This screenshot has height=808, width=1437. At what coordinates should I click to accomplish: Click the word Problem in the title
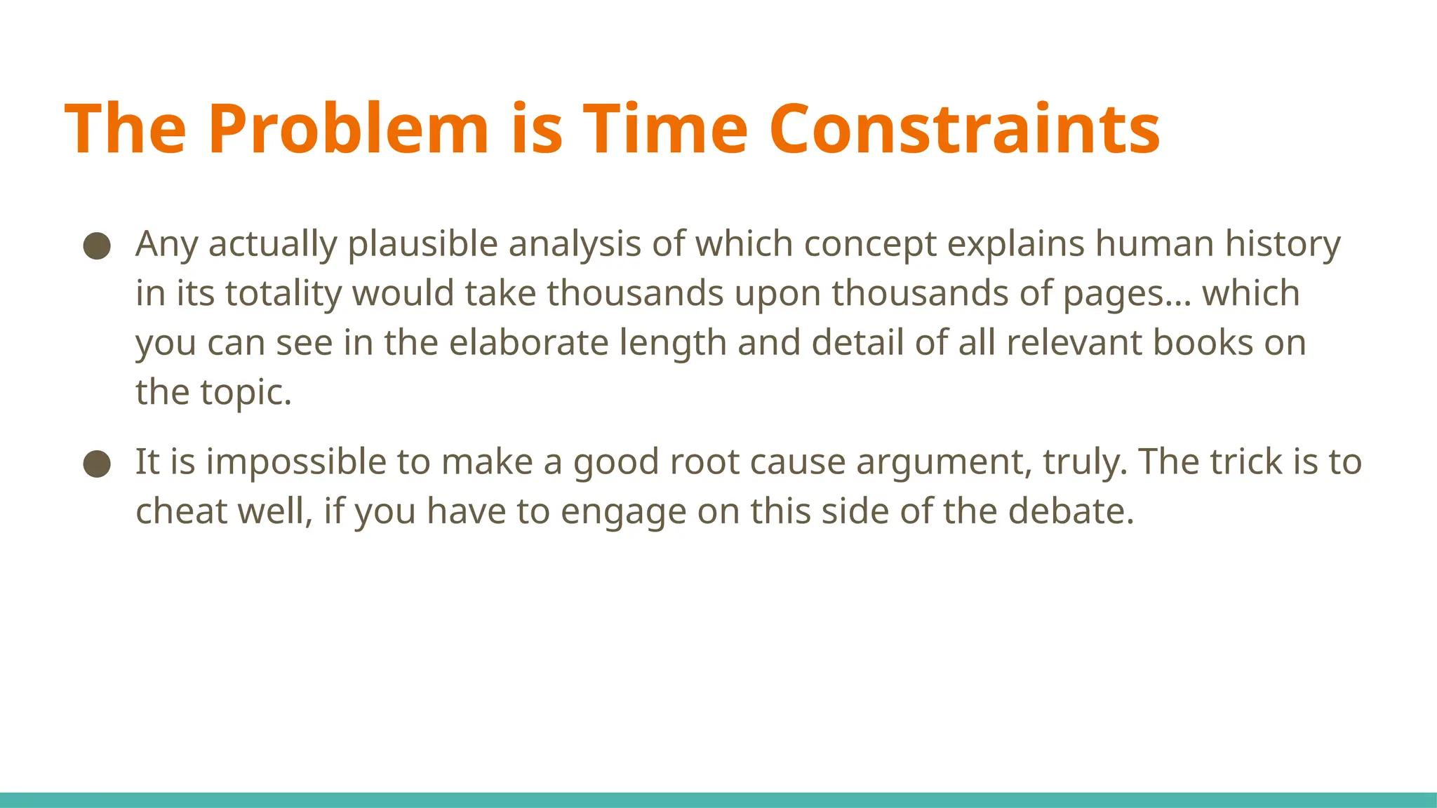click(x=348, y=129)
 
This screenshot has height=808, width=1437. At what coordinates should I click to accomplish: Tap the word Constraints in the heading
click(x=964, y=129)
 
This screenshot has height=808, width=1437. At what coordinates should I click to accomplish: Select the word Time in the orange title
click(x=665, y=129)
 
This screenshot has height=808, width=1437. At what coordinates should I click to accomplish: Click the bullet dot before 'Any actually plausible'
click(x=97, y=245)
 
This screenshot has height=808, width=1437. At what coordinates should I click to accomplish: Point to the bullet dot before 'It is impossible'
click(x=97, y=464)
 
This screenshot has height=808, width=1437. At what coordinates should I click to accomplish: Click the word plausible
click(x=423, y=244)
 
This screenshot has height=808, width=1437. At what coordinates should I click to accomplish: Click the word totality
click(x=283, y=293)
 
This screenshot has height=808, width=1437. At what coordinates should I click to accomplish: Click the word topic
click(x=246, y=393)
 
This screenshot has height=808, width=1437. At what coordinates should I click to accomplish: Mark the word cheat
click(x=181, y=511)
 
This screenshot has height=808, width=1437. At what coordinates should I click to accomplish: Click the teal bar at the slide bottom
click(x=718, y=800)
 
